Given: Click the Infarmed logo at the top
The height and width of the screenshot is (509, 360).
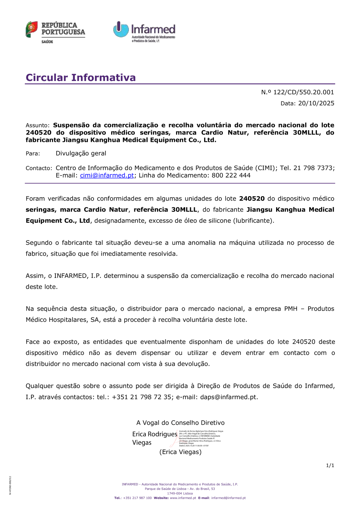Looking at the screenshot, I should click(x=144, y=32).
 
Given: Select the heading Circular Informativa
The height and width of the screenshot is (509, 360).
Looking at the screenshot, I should click(x=81, y=78).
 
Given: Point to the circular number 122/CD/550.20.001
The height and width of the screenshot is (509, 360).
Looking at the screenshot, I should click(x=303, y=92).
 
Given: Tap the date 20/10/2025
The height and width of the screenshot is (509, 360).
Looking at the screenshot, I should click(x=316, y=103).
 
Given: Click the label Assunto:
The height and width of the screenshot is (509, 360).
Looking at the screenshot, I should click(x=37, y=126).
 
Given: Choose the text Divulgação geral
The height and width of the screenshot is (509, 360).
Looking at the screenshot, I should click(x=81, y=153).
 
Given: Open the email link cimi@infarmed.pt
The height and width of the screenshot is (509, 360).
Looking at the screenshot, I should click(x=107, y=176).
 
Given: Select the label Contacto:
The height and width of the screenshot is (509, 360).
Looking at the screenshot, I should click(x=39, y=168).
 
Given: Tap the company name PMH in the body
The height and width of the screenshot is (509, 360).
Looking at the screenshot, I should click(x=291, y=309).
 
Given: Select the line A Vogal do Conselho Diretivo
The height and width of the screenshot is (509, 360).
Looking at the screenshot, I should click(x=180, y=423).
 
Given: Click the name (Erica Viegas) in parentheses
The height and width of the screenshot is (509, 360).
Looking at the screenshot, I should click(x=180, y=452).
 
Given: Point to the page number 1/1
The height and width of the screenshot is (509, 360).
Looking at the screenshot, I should click(x=330, y=465).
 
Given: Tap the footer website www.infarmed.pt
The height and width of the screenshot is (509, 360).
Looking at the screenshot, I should click(x=183, y=498).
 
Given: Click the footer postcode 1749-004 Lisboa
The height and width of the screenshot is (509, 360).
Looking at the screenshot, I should click(x=180, y=494).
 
